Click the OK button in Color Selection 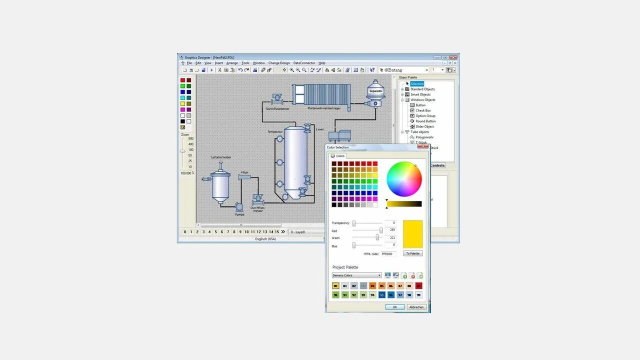click(x=394, y=307)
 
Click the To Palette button click(x=412, y=253)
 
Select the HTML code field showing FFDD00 click(x=388, y=254)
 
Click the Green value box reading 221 click(x=390, y=237)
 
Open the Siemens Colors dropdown click(x=356, y=275)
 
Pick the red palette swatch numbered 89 click(x=418, y=286)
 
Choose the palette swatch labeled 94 click(x=372, y=295)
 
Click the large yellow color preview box click(x=412, y=234)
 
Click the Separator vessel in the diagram click(x=375, y=91)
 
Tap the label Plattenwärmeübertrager click(x=324, y=108)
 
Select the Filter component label click(x=244, y=172)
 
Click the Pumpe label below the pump click(x=240, y=214)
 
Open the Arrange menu click(x=232, y=63)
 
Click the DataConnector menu click(x=304, y=63)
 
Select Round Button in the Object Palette click(x=425, y=121)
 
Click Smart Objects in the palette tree click(x=420, y=94)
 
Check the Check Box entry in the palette click(x=423, y=110)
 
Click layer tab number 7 click(x=228, y=232)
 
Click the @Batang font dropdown click(x=404, y=70)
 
